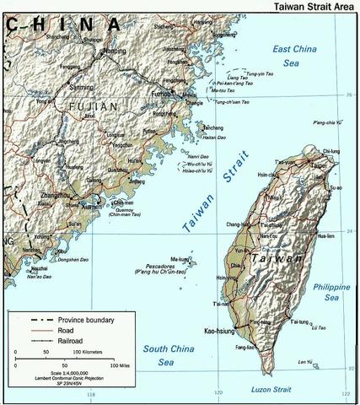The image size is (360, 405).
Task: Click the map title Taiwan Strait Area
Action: (314, 6)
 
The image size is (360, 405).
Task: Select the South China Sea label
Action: (169, 354)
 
